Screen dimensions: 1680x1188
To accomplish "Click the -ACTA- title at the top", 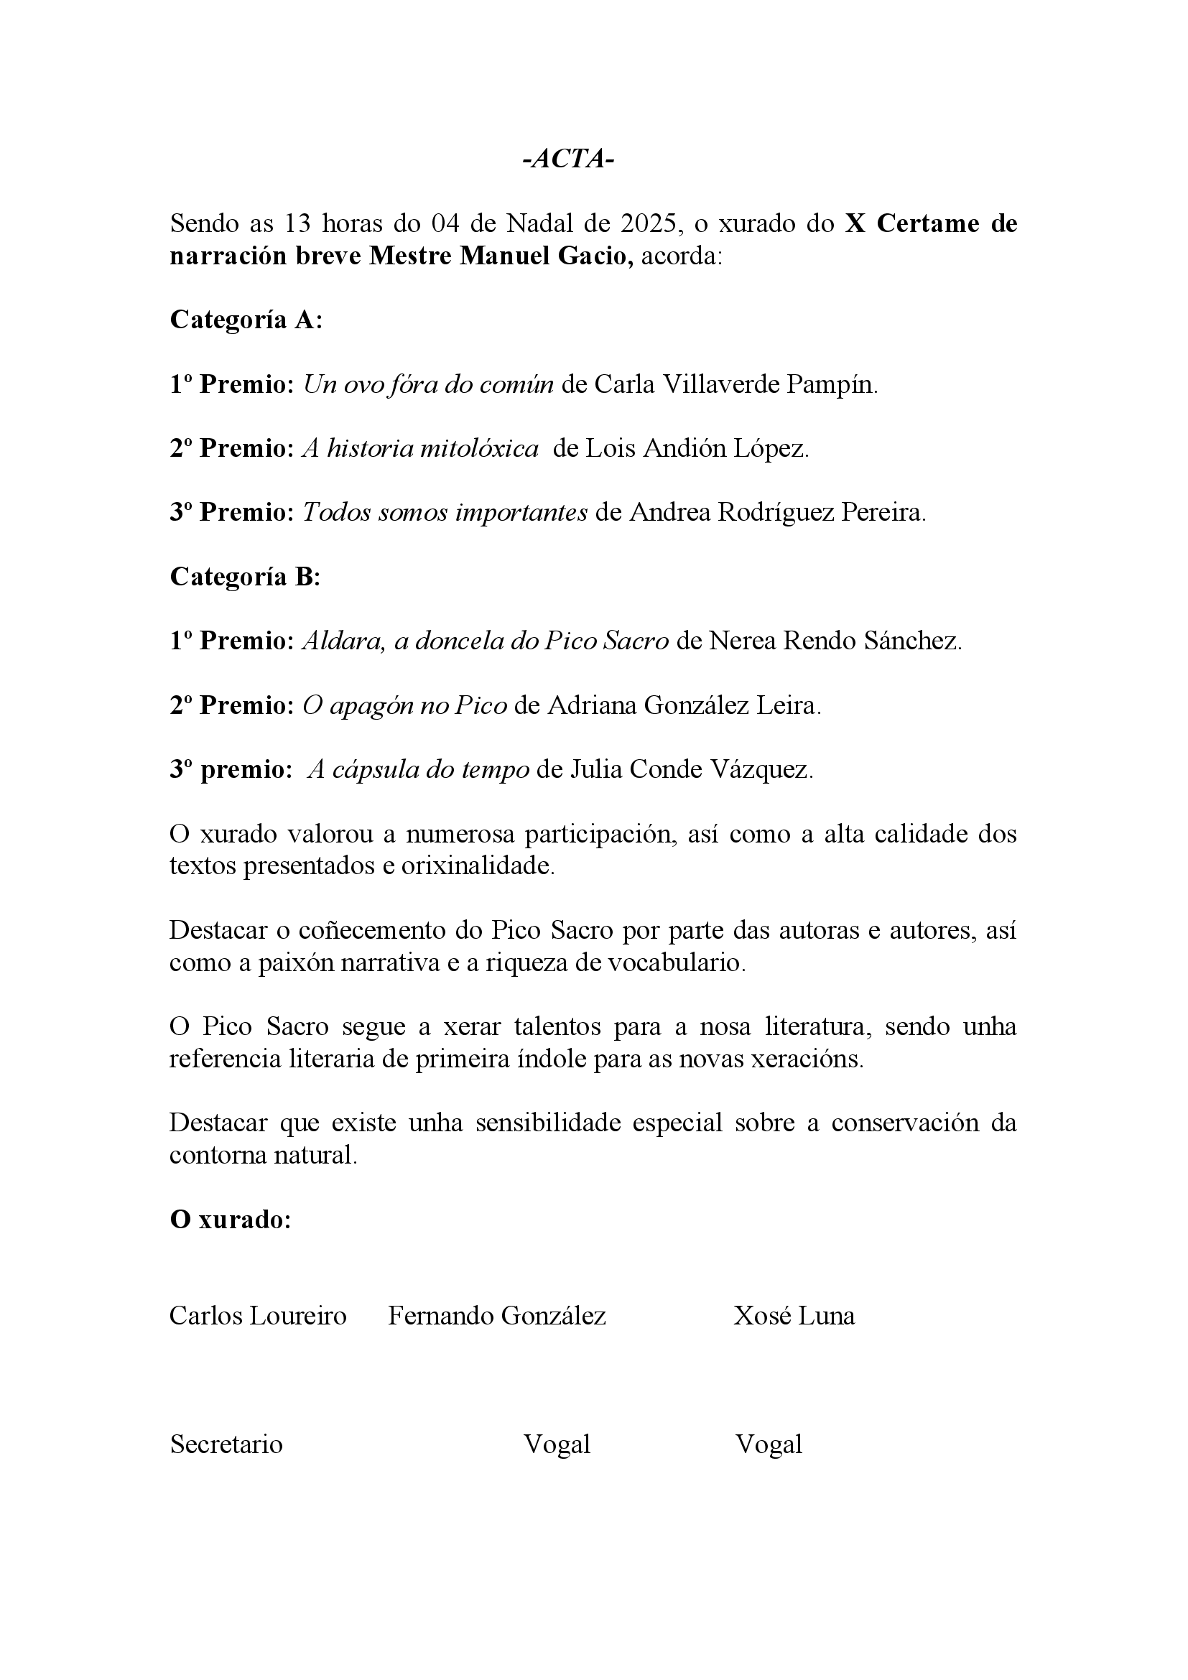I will [568, 159].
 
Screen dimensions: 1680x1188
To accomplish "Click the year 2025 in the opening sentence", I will [650, 223].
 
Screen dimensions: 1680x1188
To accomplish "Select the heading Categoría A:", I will [246, 320].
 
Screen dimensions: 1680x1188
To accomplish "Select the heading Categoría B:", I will [245, 577].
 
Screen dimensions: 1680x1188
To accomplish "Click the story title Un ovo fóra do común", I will [428, 384].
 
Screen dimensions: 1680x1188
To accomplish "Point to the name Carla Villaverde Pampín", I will [735, 384].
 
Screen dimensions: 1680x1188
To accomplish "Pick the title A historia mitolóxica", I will [421, 447].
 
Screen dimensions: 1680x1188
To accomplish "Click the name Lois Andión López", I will [697, 447].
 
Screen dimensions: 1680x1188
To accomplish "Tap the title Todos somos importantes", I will [445, 512].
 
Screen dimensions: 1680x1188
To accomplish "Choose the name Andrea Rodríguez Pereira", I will [777, 512].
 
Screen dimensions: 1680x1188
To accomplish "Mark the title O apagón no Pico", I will [404, 705].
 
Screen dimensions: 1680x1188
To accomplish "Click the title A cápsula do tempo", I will [419, 770].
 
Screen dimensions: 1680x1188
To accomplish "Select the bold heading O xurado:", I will [231, 1220].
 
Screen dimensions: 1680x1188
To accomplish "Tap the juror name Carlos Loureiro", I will [258, 1316].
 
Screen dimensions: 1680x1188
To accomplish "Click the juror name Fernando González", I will [497, 1316].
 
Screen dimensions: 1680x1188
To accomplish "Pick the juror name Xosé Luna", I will [794, 1316].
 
